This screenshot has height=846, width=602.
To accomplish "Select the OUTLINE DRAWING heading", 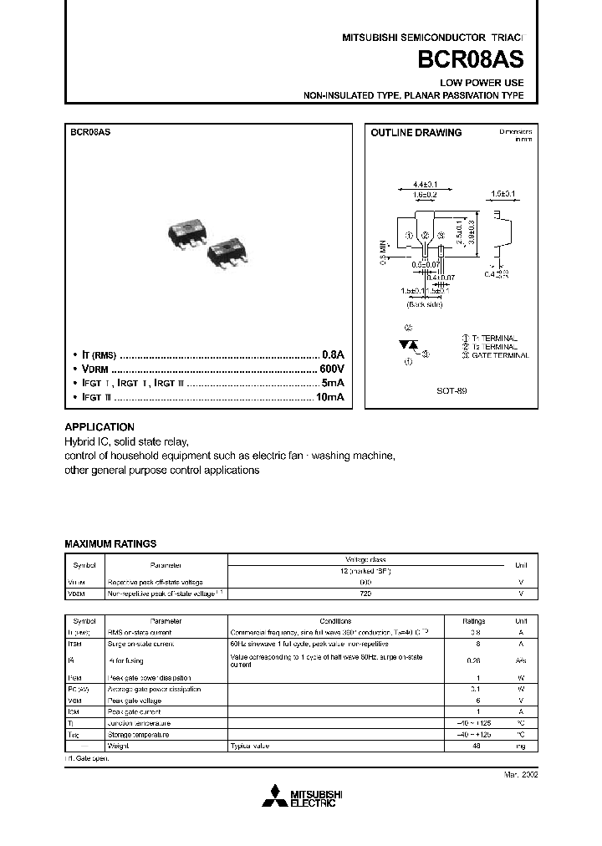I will click(416, 133).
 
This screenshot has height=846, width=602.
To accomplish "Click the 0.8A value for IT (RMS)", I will click(333, 354).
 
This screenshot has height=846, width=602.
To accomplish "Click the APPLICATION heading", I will click(99, 426).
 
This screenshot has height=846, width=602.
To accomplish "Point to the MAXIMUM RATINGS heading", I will click(110, 543).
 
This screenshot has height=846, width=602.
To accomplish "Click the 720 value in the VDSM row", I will click(365, 593).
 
